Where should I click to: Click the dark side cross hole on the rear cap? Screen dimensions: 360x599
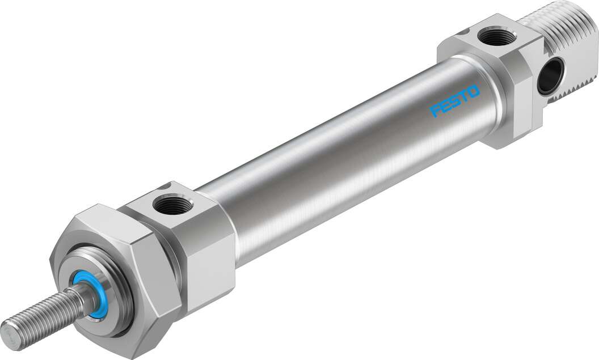click(550, 75)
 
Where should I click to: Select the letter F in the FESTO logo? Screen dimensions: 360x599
click(435, 109)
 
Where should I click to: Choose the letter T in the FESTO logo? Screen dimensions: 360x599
click(464, 95)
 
